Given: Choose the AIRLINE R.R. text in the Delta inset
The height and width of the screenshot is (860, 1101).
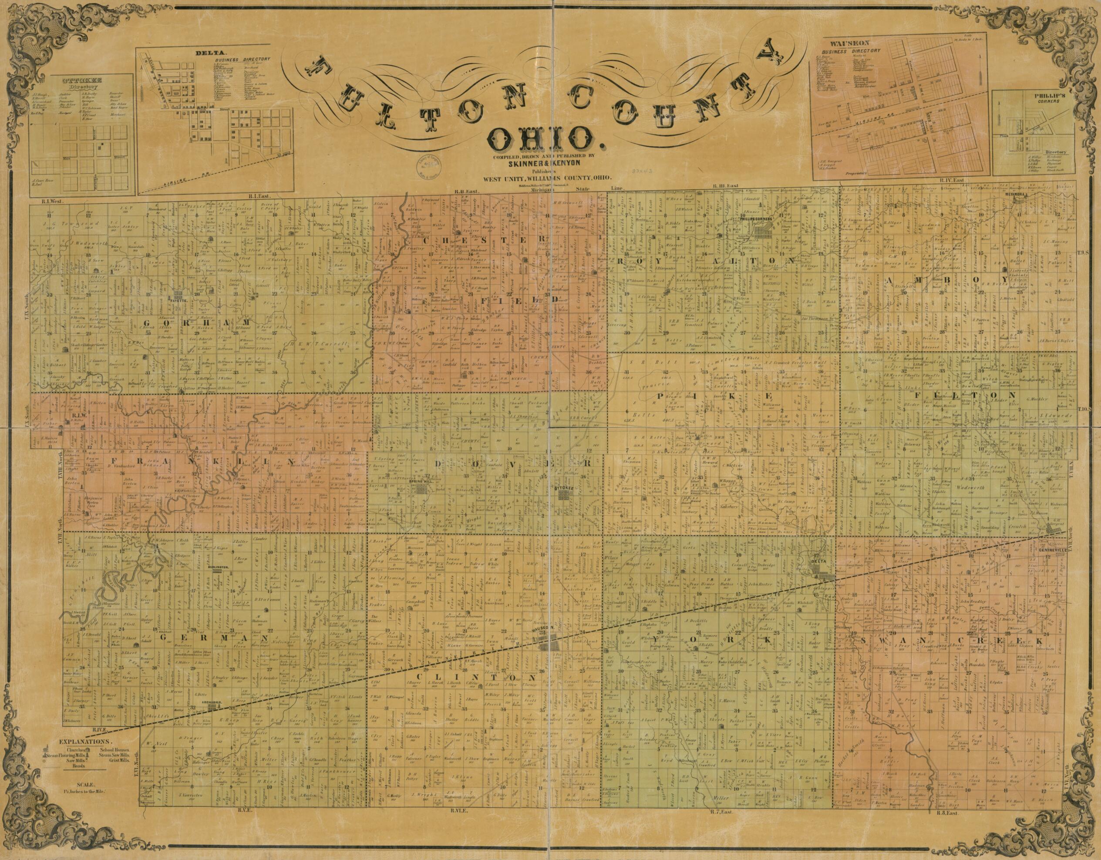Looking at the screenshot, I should click(x=179, y=185).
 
